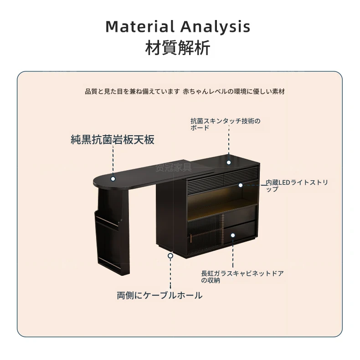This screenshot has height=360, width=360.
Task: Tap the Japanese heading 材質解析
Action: (178, 48)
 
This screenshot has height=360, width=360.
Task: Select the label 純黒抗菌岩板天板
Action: (113, 140)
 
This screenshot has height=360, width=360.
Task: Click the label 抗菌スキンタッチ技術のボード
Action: (226, 124)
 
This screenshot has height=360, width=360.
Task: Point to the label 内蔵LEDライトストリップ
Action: (297, 186)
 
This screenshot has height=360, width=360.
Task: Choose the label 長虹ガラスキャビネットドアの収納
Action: (242, 277)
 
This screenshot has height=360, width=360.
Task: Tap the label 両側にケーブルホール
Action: (160, 295)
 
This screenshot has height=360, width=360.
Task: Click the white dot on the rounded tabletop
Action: (113, 179)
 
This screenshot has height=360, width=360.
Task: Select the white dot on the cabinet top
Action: (229, 162)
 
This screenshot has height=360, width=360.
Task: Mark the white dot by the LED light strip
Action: (241, 185)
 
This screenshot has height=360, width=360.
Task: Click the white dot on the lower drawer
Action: (233, 235)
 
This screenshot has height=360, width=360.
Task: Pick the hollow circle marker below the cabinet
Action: (170, 256)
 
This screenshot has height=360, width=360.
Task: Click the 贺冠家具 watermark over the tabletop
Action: (174, 167)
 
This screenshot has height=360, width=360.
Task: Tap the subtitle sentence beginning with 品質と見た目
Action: (185, 91)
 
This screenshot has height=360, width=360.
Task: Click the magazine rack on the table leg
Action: (108, 239)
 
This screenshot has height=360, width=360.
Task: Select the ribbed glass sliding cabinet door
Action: (205, 234)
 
